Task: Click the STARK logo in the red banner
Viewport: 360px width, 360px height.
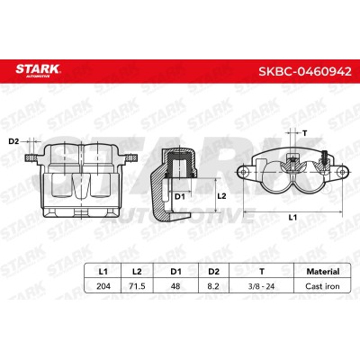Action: coord(38,70)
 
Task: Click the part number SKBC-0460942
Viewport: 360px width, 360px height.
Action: coord(304,71)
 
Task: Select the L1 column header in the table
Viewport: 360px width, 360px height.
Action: coord(103,272)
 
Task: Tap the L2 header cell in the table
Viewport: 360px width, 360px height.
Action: coord(137,272)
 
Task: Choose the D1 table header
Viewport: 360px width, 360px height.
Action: coord(176,272)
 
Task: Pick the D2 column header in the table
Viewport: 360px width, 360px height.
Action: coord(213,272)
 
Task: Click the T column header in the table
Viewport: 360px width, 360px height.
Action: coord(262,272)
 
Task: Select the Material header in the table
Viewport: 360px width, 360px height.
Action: coord(323,272)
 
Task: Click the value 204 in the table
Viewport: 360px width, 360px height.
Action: coord(103,286)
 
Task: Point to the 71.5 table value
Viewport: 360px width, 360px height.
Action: coord(137,286)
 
